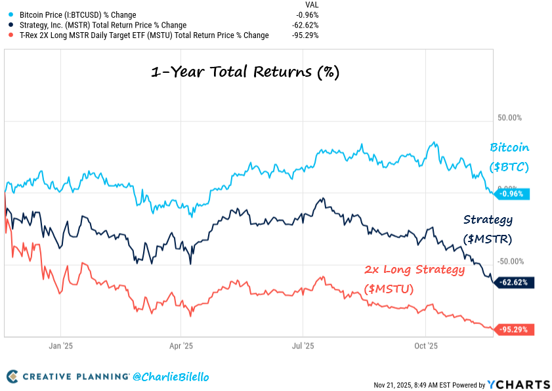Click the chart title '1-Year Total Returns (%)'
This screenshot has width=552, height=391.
pos(245,72)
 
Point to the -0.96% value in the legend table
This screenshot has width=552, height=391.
pos(307,14)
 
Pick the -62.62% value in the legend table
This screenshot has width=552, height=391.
pos(306,25)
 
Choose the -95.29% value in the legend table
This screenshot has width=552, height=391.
pos(306,35)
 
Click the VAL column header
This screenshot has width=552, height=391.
pos(312,4)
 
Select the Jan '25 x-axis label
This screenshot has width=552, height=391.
pos(60,345)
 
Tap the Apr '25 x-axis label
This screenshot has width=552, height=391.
pos(181,345)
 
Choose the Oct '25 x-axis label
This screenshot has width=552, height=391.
pos(425,345)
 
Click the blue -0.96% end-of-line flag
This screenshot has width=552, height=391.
pos(513,194)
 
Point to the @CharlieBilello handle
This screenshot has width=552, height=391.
pos(171,377)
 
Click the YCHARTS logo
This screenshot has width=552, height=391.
pos(518,384)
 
